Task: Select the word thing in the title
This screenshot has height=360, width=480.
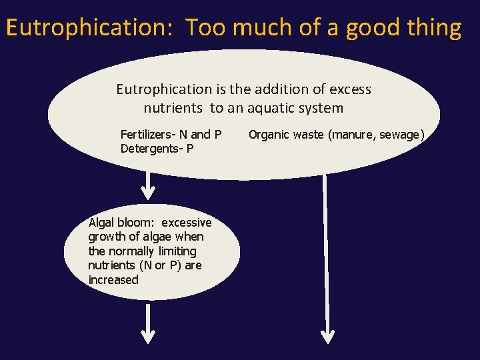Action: (x=434, y=28)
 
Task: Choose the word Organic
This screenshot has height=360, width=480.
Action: (x=268, y=135)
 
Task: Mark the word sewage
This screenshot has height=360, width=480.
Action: (x=402, y=135)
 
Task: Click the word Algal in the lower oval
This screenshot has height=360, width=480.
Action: (x=102, y=223)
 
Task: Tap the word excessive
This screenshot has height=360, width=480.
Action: (x=187, y=223)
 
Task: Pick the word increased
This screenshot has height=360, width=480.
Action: (x=113, y=280)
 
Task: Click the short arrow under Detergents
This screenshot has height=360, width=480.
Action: (x=149, y=186)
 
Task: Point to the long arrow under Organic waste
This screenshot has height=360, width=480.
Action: (x=327, y=260)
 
